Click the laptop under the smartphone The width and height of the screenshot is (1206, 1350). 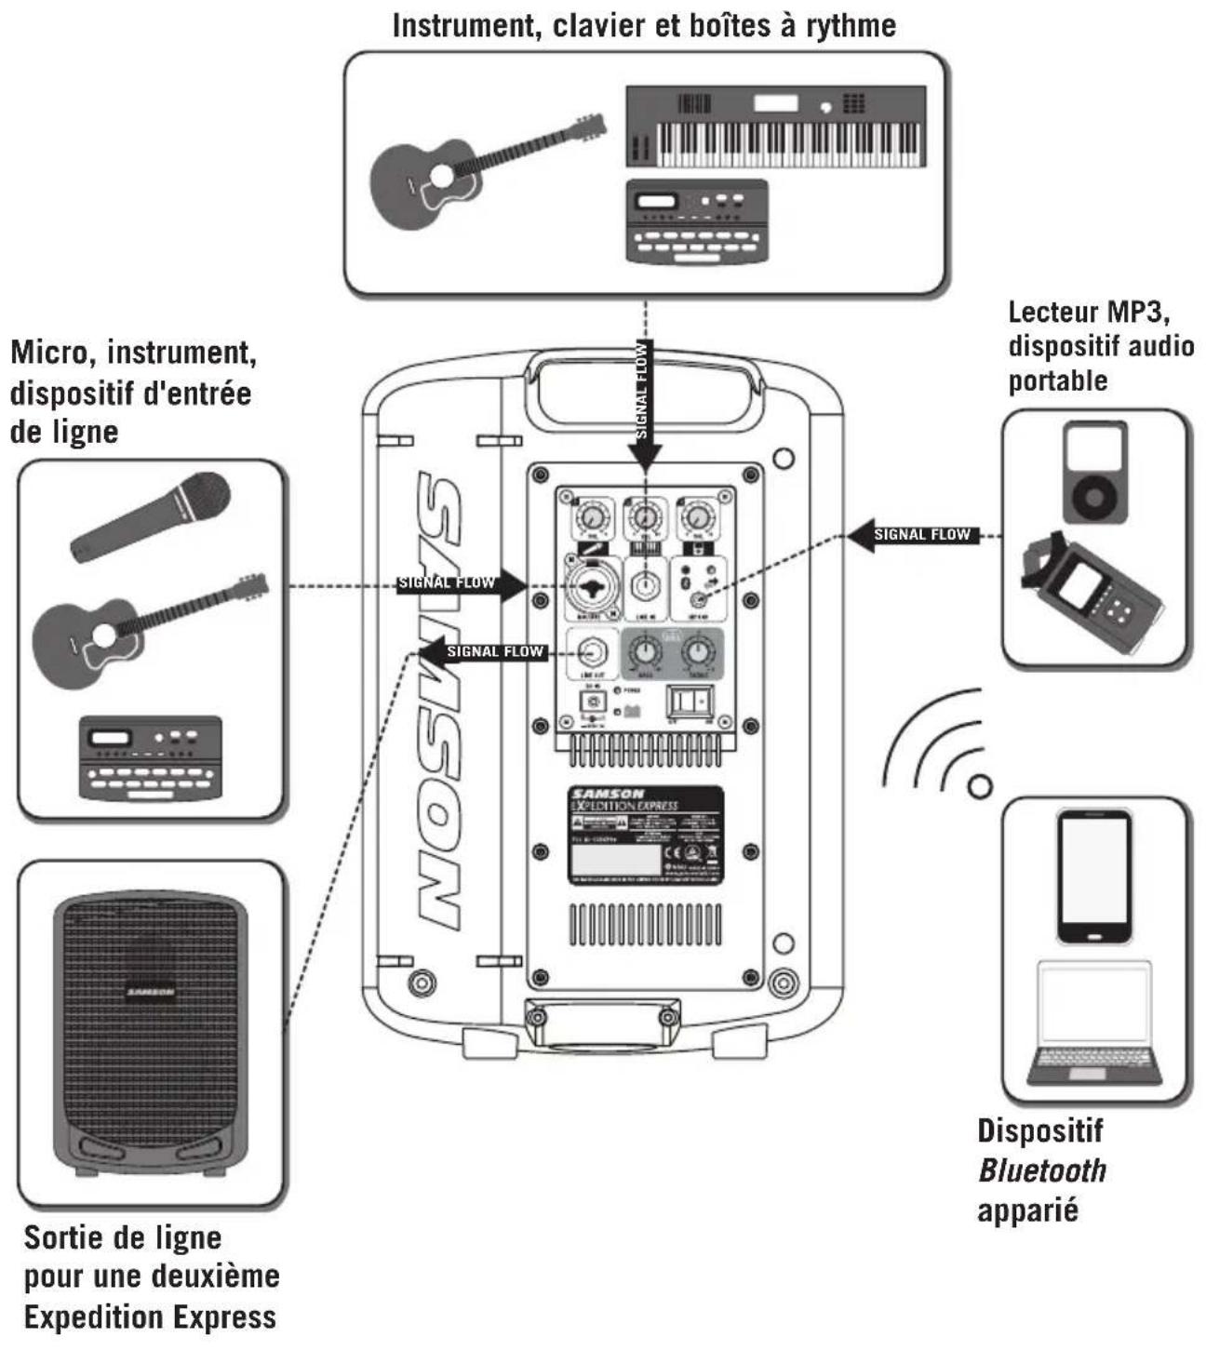[1095, 1024]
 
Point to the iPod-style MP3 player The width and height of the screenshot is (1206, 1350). [1095, 472]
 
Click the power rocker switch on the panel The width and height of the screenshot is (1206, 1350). [690, 702]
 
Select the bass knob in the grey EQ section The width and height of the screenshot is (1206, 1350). [645, 652]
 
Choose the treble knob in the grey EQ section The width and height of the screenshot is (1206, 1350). [698, 652]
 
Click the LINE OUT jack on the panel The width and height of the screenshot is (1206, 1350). [592, 652]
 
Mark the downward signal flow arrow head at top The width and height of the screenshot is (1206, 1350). [644, 456]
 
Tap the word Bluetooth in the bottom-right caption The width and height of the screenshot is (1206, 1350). [1042, 1170]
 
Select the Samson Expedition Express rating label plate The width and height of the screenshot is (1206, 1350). [645, 834]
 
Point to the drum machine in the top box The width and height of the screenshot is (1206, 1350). [698, 221]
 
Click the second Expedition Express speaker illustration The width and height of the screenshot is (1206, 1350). [151, 1033]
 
